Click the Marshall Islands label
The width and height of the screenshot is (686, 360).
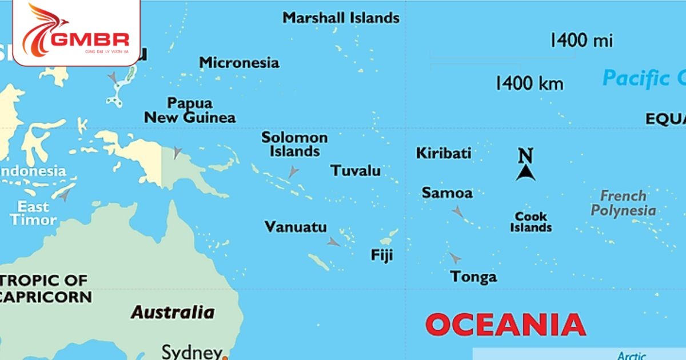click(341, 18)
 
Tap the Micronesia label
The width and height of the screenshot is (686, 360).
click(239, 63)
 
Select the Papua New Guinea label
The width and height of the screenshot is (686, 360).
click(190, 110)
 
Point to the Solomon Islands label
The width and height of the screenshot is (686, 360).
click(294, 145)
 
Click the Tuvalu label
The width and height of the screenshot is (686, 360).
click(355, 171)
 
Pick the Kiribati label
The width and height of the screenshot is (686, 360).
click(444, 153)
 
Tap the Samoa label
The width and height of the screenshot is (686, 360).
click(447, 193)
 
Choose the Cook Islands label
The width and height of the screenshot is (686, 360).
click(531, 222)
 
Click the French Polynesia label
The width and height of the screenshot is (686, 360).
click(623, 203)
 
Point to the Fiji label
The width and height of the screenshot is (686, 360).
click(382, 255)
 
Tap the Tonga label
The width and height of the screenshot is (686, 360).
click(473, 277)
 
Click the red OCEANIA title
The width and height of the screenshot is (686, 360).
click(505, 325)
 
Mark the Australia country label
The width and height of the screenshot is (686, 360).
click(173, 313)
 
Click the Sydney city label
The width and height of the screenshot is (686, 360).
click(192, 351)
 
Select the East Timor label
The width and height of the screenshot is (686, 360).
click(33, 213)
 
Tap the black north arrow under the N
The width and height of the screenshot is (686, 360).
click(525, 173)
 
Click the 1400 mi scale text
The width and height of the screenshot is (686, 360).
click(581, 41)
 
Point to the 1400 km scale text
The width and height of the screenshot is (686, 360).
click(529, 84)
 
